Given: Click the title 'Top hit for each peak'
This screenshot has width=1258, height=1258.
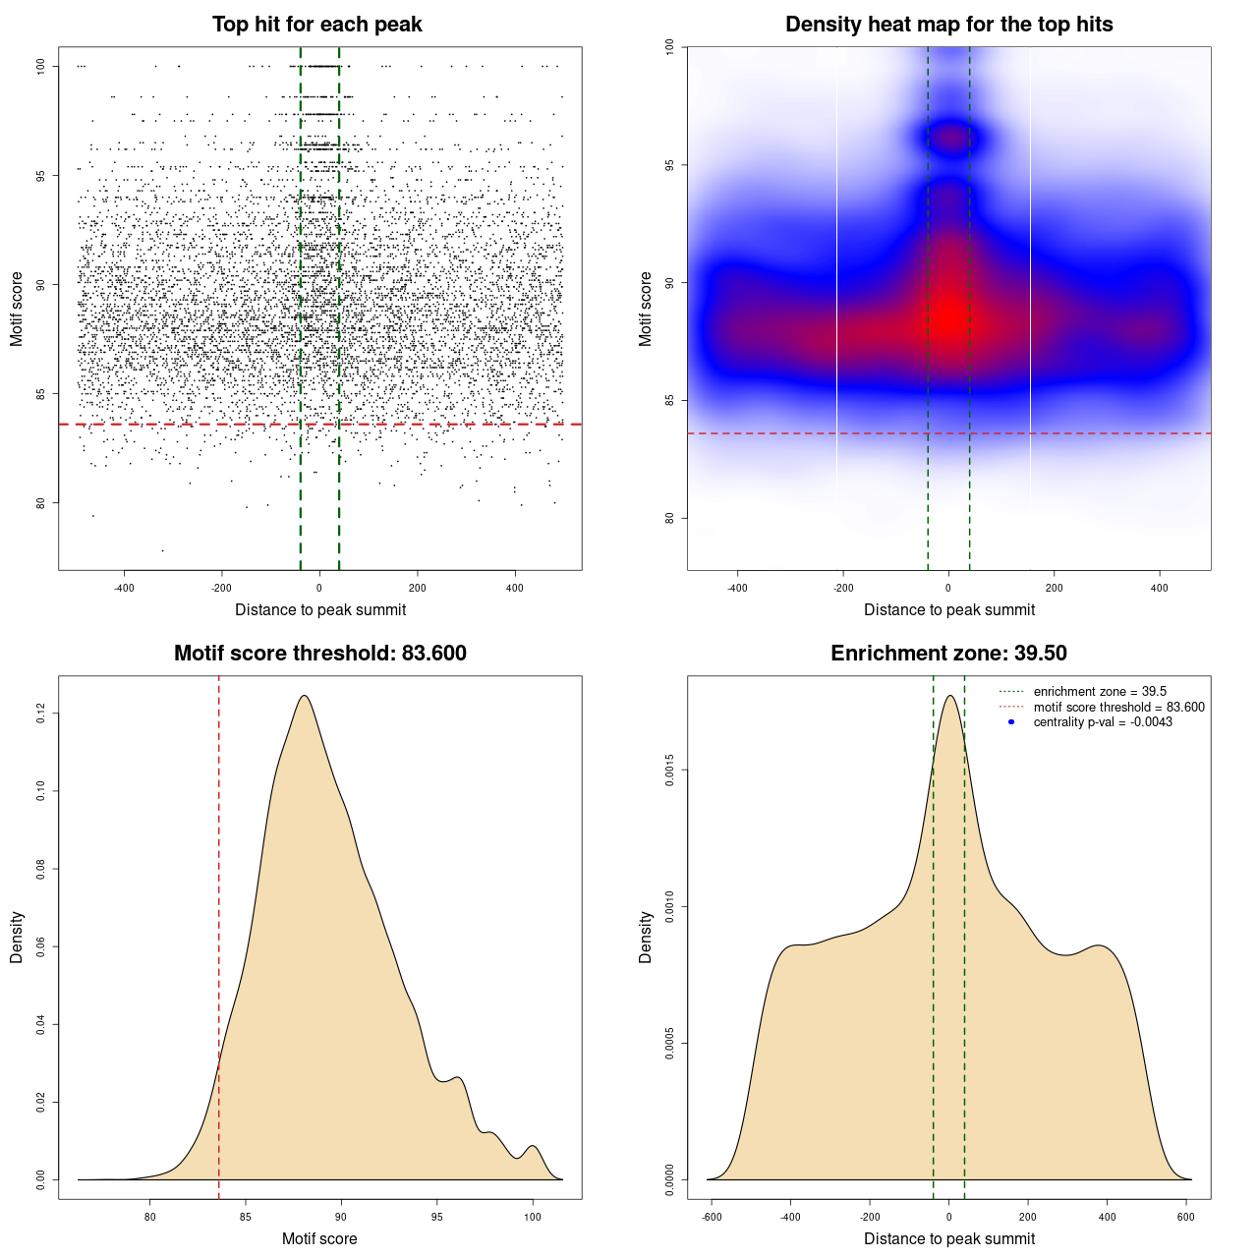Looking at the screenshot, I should pyautogui.click(x=316, y=25).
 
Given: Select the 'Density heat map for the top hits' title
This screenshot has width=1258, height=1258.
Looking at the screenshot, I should pyautogui.click(x=948, y=25).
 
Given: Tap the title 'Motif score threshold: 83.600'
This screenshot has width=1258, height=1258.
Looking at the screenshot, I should pyautogui.click(x=319, y=654).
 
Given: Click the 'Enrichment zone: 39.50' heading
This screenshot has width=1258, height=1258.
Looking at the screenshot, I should pyautogui.click(x=948, y=654).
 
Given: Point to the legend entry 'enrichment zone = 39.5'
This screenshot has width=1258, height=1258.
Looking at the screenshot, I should pyautogui.click(x=1100, y=692).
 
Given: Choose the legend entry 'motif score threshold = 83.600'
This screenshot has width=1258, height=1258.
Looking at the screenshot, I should pyautogui.click(x=1118, y=707).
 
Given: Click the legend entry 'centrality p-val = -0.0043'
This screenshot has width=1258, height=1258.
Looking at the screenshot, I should pyautogui.click(x=1103, y=722).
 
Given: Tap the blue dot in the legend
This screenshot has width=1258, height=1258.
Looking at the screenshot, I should pyautogui.click(x=1011, y=722).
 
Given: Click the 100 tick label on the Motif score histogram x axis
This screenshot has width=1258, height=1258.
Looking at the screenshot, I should pyautogui.click(x=532, y=1217).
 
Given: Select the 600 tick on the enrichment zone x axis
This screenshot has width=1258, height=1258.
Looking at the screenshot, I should pyautogui.click(x=1186, y=1217).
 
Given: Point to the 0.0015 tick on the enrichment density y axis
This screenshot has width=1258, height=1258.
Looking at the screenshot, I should pyautogui.click(x=669, y=771).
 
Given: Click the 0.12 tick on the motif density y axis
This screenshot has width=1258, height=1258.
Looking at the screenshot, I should pyautogui.click(x=40, y=714).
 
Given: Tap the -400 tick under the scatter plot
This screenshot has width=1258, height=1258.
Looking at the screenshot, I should pyautogui.click(x=124, y=588).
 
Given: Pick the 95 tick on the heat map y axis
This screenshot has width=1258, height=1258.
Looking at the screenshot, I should pyautogui.click(x=669, y=164).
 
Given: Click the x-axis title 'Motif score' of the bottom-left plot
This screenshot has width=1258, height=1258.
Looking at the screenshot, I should pyautogui.click(x=319, y=1238).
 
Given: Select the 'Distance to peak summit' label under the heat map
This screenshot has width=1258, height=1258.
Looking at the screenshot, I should pyautogui.click(x=948, y=609).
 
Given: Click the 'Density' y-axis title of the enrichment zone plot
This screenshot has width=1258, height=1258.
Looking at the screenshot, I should pyautogui.click(x=646, y=937).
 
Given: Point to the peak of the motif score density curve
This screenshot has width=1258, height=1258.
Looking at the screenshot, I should pyautogui.click(x=305, y=697).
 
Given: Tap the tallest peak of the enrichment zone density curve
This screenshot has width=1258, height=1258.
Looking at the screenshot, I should pyautogui.click(x=949, y=697).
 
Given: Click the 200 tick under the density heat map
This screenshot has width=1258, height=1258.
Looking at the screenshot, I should pyautogui.click(x=1054, y=588).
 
